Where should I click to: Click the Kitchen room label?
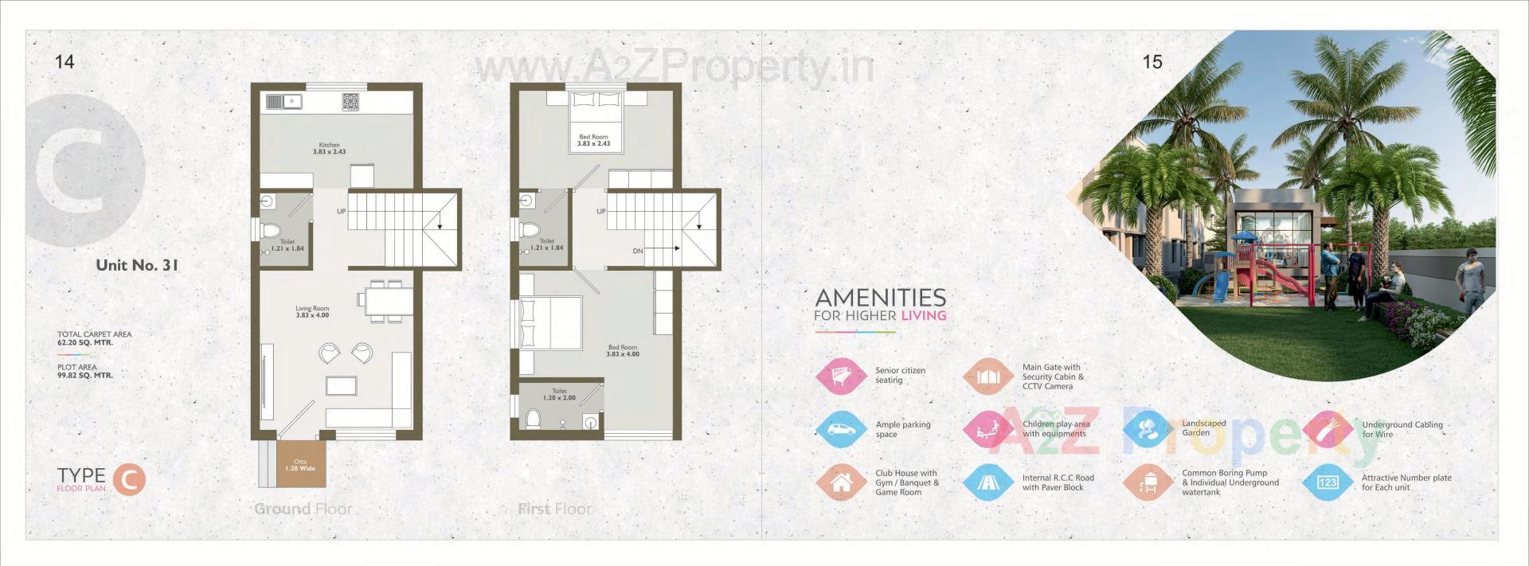329,148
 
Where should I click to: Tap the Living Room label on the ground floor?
312,311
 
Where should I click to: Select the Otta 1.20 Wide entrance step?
300,465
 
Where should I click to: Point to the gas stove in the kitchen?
350,101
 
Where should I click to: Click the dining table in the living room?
385,301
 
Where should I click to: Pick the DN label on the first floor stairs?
638,251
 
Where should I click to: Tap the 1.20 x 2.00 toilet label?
559,395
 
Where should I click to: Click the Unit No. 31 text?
137,265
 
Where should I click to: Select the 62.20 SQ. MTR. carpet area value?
85,342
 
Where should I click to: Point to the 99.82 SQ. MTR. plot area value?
85,375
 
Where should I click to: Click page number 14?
65,61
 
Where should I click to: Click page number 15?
1152,61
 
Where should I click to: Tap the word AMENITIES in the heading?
881,298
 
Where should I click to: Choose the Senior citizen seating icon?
841,376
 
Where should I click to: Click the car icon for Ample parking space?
841,429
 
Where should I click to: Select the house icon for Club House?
841,482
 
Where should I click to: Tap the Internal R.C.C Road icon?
988,482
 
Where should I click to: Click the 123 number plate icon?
1328,482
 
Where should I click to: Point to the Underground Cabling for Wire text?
1402,429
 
